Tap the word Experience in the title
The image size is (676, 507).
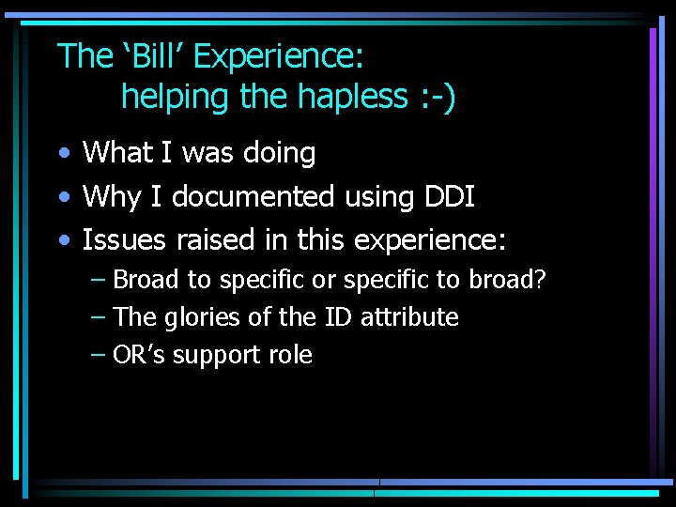point(277,58)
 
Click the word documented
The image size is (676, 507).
point(253,196)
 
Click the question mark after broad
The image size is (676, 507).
point(541,280)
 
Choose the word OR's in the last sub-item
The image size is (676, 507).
point(138,355)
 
